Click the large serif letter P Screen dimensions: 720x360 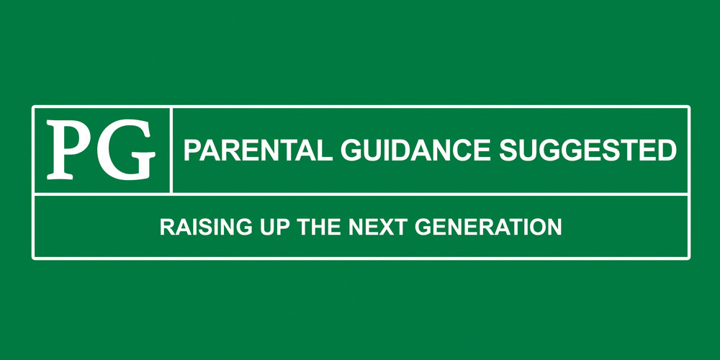click(70, 149)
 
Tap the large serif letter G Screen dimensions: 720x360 click(125, 149)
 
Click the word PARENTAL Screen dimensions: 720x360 click(258, 150)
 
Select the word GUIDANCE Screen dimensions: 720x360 click(415, 150)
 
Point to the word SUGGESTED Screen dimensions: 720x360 click(588, 150)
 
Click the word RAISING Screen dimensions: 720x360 click(206, 227)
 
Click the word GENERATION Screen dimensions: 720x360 click(488, 227)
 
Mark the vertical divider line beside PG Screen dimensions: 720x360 click(171, 150)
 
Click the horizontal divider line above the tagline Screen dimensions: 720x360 click(361, 194)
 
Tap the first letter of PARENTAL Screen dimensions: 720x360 click(193, 150)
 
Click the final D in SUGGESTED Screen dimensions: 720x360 click(667, 150)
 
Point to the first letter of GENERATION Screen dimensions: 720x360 click(423, 227)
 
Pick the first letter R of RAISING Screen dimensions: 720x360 click(168, 227)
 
